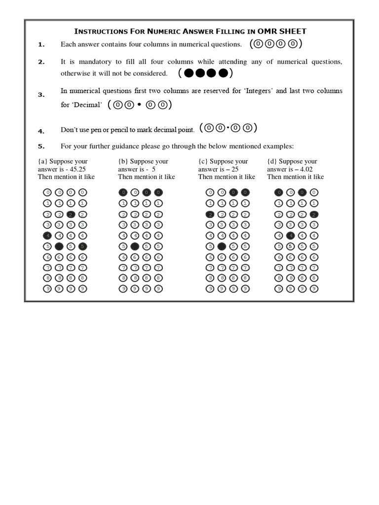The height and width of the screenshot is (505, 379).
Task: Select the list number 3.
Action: pos(41,95)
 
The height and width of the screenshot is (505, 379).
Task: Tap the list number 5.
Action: pos(41,146)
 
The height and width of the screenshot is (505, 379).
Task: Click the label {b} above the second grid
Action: pos(123,161)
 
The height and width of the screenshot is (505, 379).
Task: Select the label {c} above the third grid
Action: pos(203,161)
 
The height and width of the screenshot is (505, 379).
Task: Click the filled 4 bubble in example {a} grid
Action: pos(47,235)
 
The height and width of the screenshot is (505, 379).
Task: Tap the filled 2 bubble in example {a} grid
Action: pos(71,214)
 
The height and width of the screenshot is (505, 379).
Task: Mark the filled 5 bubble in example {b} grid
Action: pos(135,246)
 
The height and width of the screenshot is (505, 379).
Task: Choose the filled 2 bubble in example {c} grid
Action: pos(210,214)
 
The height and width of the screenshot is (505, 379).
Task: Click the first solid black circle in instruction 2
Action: pos(188,74)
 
